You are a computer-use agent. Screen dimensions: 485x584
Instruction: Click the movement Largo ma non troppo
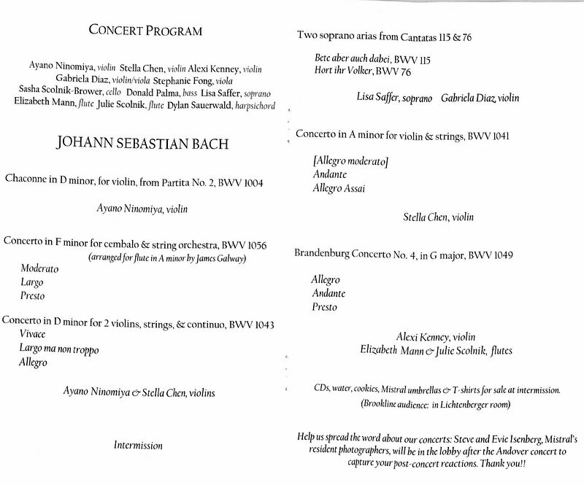[59, 349]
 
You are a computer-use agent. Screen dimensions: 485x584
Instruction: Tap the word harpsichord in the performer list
[250, 106]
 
